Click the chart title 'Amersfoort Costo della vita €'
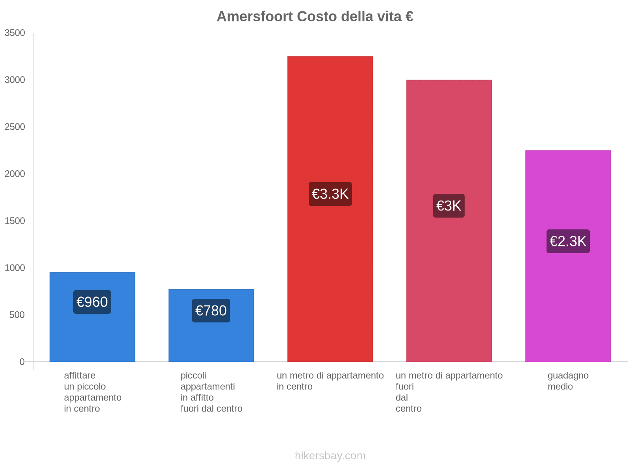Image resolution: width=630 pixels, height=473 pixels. [x=315, y=17]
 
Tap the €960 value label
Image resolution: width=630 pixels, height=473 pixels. [x=92, y=302]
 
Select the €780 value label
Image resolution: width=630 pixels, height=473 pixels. [x=211, y=311]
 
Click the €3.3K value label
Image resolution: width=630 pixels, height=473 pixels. [x=330, y=194]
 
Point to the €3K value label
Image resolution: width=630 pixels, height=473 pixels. [x=449, y=206]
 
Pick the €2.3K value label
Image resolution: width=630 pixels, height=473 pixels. [x=568, y=241]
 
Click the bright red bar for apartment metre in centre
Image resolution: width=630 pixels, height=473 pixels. [x=330, y=118]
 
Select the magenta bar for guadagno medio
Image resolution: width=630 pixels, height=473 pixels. [x=568, y=189]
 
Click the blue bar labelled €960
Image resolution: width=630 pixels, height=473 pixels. [x=92, y=339]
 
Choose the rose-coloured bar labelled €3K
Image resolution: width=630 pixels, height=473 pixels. [x=449, y=138]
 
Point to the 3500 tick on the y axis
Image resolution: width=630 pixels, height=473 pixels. [x=15, y=33]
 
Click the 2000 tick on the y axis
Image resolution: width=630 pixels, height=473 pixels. [x=15, y=174]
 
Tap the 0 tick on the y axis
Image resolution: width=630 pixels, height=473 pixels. [x=22, y=362]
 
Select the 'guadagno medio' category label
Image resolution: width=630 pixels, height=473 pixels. [x=568, y=381]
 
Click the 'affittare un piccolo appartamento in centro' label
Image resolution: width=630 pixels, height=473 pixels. [x=93, y=392]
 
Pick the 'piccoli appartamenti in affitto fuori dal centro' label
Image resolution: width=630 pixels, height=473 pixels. [x=211, y=392]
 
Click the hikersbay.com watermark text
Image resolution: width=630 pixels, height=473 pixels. [x=330, y=456]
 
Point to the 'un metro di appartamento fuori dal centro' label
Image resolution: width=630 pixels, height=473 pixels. [x=449, y=392]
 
